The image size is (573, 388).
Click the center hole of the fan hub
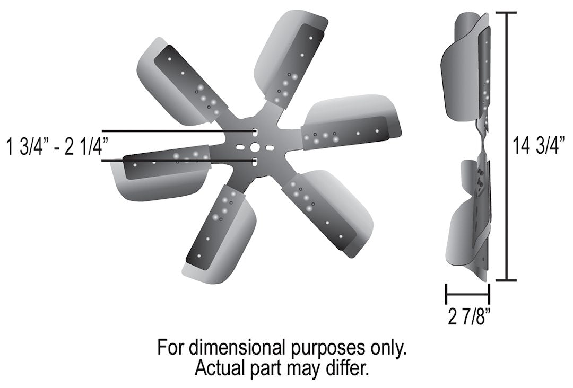tap(255, 146)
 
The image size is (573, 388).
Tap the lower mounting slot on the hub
tap(255, 161)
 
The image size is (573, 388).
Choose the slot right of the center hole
tap(269, 146)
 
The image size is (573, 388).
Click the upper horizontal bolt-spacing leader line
tap(175, 130)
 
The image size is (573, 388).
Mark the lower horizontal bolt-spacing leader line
tap(175, 160)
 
